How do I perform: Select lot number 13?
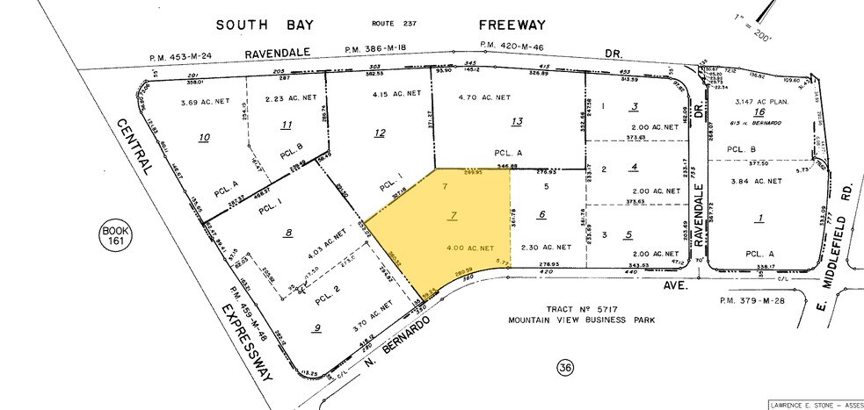pos(517,122)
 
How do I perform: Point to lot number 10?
pos(205,137)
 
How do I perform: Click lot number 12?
pos(380,133)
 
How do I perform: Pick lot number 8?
pos(287,233)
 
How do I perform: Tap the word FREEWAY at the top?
pos(535,25)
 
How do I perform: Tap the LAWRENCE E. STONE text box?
pos(816,404)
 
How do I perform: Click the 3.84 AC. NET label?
pos(758,181)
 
